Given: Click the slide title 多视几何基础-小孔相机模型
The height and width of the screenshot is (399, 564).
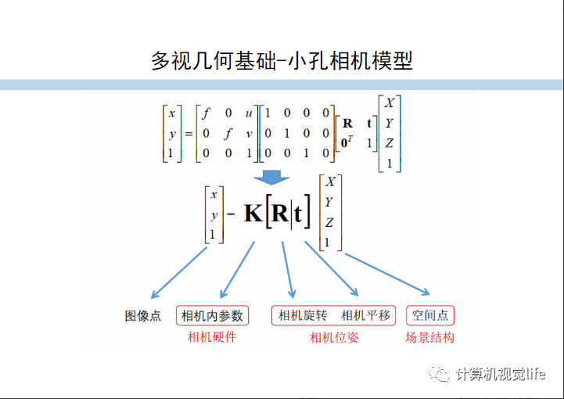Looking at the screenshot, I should [282, 60].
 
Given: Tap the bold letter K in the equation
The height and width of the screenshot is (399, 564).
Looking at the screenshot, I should [253, 213].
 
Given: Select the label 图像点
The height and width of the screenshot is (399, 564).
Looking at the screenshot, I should [143, 316].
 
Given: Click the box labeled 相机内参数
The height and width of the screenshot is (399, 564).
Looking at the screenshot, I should [212, 316].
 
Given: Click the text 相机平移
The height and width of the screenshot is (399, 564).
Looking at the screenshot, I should [365, 316].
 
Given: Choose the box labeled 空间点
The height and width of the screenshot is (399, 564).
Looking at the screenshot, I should [430, 316].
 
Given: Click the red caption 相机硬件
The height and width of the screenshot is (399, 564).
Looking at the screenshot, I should [212, 337].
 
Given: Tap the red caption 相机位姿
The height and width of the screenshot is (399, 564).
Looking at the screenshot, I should [334, 337].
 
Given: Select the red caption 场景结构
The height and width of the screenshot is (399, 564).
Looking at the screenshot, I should [429, 337].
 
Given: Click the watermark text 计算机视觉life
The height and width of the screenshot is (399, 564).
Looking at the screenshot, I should [501, 374].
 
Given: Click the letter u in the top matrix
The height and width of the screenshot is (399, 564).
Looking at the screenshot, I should [249, 113].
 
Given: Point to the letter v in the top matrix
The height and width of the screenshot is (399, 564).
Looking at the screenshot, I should [249, 133].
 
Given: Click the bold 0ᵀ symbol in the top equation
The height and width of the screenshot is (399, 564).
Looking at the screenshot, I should [348, 142].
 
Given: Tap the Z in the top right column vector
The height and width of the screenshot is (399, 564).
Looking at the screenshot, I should [389, 142].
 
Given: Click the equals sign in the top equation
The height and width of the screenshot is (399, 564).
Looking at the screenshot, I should [189, 133].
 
